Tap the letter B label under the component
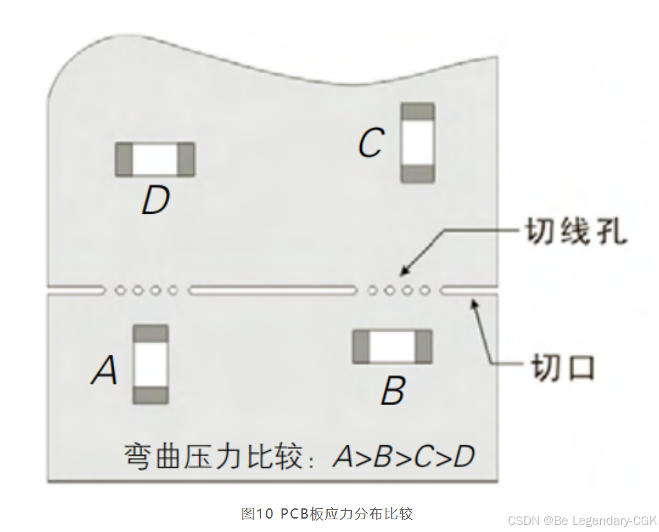click(393, 391)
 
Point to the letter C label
click(371, 144)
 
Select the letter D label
click(155, 201)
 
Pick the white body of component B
click(392, 346)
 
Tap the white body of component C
click(418, 143)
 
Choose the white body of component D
click(155, 159)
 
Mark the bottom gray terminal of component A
click(151, 395)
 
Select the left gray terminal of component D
click(124, 159)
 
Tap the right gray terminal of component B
click(423, 346)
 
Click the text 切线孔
click(575, 232)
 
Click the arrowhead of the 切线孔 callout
click(404, 274)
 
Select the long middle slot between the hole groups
click(272, 291)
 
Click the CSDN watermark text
click(581, 521)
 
